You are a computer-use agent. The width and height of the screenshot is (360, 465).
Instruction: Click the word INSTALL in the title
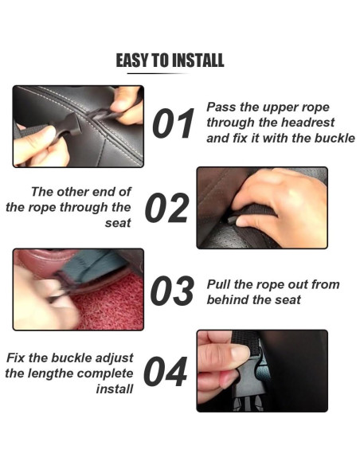tap(198, 61)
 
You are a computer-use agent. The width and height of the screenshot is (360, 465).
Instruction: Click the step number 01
tap(174, 123)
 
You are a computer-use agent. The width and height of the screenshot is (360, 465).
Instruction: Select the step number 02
tap(166, 208)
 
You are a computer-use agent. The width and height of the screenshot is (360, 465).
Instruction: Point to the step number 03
tap(172, 291)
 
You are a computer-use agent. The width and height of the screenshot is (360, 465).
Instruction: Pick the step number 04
tap(165, 372)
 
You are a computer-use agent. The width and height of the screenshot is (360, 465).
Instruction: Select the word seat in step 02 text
tap(118, 223)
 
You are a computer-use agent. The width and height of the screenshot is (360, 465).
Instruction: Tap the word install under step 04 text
tap(115, 389)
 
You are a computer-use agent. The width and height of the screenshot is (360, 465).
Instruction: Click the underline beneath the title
tap(158, 73)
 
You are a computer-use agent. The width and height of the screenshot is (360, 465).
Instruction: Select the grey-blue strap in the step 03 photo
tap(89, 264)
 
